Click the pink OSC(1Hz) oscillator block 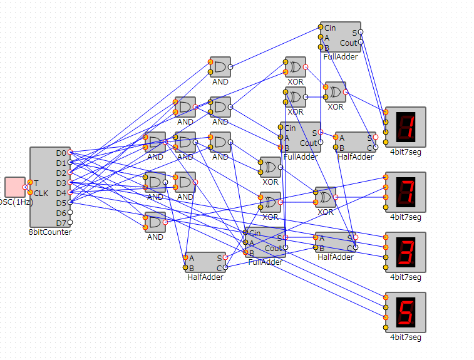click(14, 187)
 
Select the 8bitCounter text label click(50, 232)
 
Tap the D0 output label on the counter click(61, 153)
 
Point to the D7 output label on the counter click(61, 223)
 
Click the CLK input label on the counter click(41, 193)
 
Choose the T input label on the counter click(36, 183)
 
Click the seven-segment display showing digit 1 click(405, 127)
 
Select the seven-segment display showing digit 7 click(405, 192)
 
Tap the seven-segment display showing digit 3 click(405, 252)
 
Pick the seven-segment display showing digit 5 click(405, 312)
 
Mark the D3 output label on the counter click(61, 183)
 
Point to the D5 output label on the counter click(61, 203)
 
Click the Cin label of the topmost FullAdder click(330, 28)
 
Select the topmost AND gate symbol click(220, 67)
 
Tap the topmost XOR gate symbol click(295, 67)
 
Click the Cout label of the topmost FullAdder click(348, 43)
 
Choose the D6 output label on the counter click(61, 213)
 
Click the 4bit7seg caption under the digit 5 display click(405, 337)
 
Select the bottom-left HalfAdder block click(205, 262)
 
